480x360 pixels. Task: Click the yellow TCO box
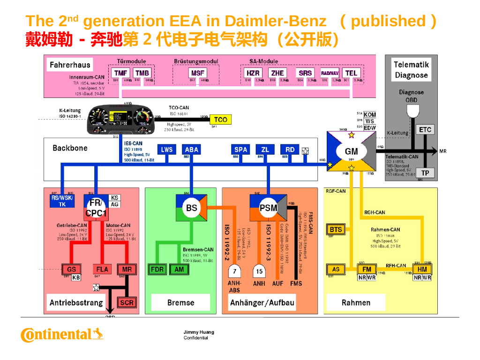click(x=220, y=120)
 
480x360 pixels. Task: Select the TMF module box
click(x=121, y=73)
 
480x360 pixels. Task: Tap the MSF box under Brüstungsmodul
click(x=198, y=73)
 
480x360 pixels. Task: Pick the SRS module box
click(x=305, y=73)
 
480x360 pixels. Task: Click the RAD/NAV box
click(x=330, y=73)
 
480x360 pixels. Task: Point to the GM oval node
click(x=351, y=151)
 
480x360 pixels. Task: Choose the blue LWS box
click(x=167, y=150)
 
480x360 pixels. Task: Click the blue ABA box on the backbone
click(x=192, y=150)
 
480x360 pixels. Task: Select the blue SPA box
click(x=240, y=150)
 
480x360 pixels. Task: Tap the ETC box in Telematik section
click(x=425, y=130)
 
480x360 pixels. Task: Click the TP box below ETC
click(x=425, y=172)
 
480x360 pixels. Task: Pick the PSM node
click(x=268, y=207)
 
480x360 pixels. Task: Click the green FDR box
click(x=157, y=270)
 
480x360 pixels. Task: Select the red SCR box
click(x=127, y=302)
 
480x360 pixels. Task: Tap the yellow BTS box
click(x=336, y=229)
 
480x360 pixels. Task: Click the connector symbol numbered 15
click(x=259, y=271)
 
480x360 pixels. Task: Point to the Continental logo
click(x=62, y=334)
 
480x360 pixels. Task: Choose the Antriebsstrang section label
click(x=76, y=302)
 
